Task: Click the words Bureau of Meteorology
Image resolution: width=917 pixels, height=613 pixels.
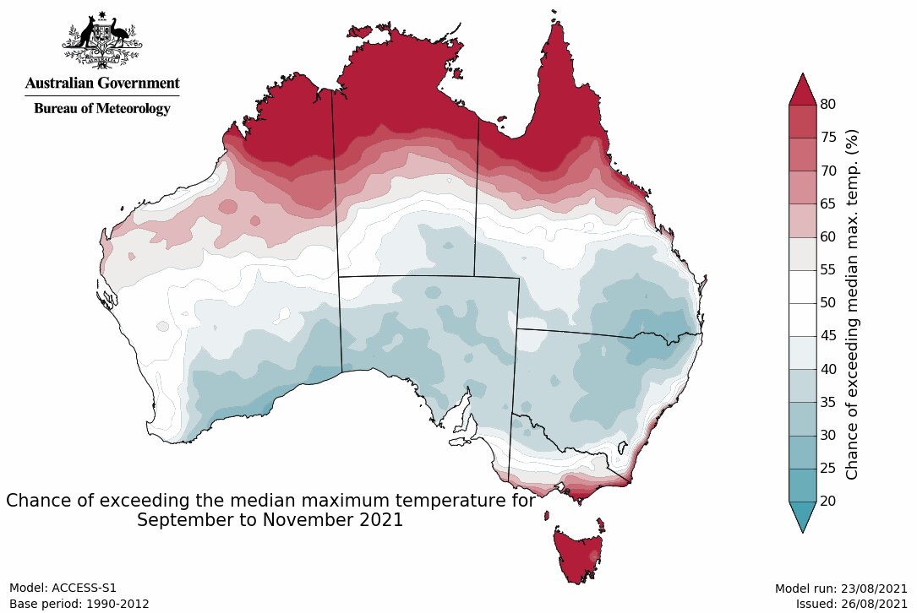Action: [x=102, y=108]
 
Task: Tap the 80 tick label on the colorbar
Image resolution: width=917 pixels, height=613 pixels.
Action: [x=828, y=105]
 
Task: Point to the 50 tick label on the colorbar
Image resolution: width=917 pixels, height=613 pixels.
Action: [x=828, y=302]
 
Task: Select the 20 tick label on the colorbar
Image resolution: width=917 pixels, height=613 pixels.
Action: [x=828, y=501]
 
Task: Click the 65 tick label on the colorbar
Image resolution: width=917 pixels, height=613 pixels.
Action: [x=828, y=203]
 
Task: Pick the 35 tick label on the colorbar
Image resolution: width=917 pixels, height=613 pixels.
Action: [x=828, y=402]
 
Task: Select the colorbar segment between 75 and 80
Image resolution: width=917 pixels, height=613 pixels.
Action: [x=802, y=122]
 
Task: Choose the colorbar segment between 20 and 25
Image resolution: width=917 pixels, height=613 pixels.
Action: [x=802, y=485]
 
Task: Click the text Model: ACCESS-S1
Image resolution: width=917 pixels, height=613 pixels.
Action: [x=63, y=588]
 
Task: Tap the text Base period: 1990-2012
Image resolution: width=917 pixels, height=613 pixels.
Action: [x=79, y=604]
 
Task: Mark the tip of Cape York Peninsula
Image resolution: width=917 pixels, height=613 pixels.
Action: [x=557, y=25]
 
